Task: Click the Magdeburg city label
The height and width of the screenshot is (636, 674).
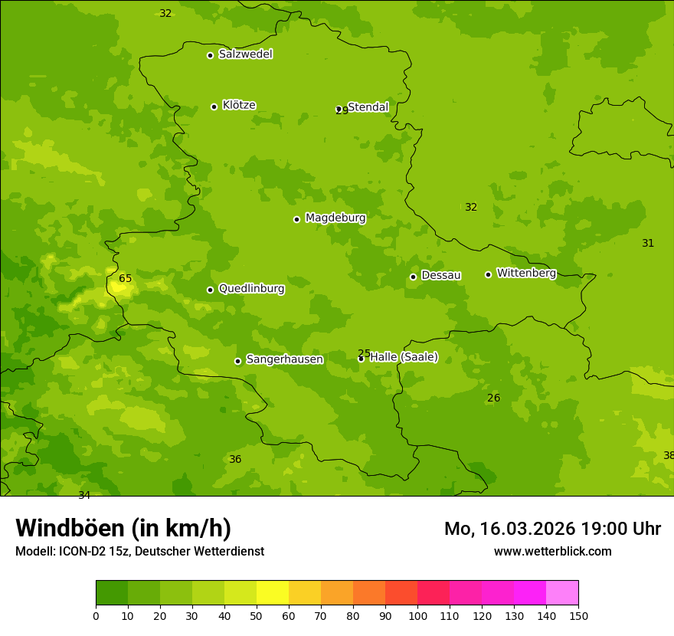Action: (335, 218)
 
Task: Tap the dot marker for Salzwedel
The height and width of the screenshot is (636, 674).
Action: (210, 55)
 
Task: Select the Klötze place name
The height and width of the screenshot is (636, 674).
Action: (239, 105)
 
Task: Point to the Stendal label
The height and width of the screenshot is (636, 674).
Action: (368, 107)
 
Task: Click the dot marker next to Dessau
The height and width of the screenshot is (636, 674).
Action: (413, 277)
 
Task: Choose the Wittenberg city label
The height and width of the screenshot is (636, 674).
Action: (526, 273)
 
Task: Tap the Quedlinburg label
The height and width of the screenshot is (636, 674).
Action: (251, 289)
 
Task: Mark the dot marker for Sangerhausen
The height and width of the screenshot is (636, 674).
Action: (237, 361)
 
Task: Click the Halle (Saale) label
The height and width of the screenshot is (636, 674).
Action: (404, 357)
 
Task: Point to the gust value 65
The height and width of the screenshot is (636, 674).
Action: (126, 279)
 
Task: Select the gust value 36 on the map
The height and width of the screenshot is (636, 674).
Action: (235, 460)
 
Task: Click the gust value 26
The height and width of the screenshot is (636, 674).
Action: (494, 398)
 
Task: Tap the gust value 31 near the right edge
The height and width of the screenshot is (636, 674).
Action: (648, 244)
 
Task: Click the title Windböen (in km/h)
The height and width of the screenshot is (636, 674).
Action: (123, 528)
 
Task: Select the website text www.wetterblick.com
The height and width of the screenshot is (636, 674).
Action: (552, 552)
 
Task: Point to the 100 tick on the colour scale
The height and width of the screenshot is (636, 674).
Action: (417, 615)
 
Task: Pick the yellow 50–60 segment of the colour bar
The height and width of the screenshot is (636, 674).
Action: (273, 593)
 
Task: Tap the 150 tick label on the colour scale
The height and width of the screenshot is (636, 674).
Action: (578, 615)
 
